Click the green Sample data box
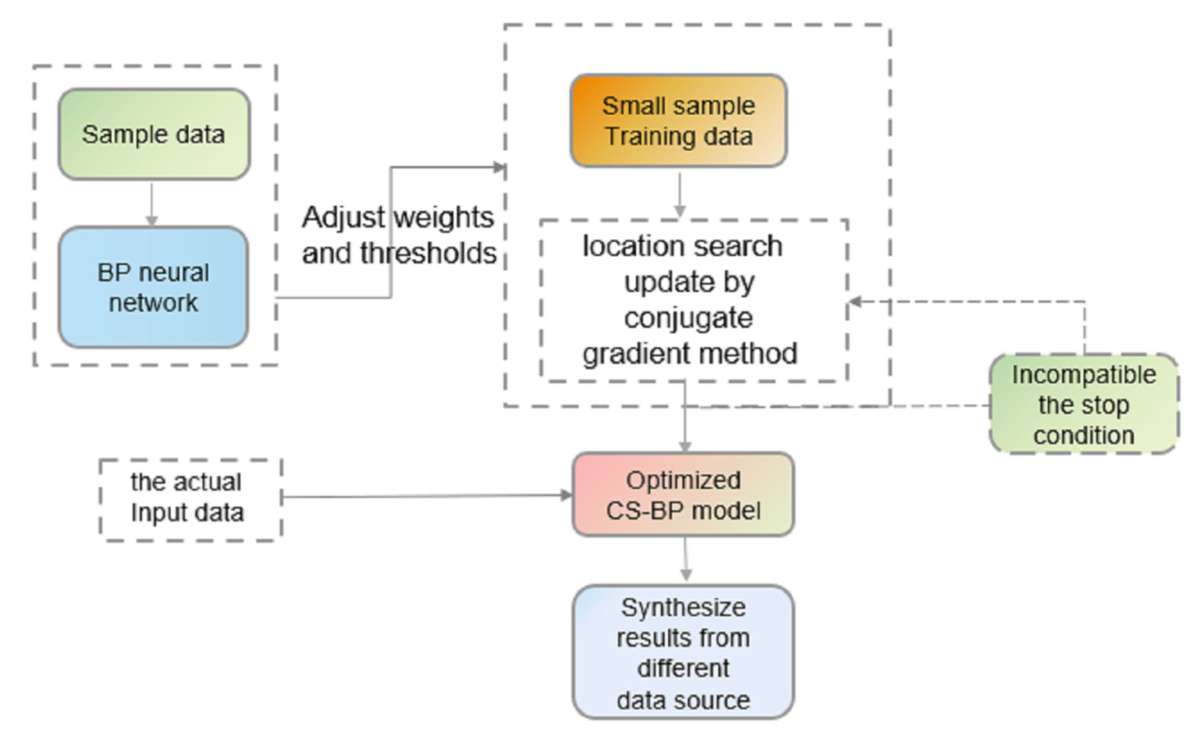[x=154, y=134]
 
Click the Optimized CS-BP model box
[x=683, y=495]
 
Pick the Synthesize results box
[x=683, y=653]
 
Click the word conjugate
[x=688, y=318]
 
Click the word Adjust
[x=343, y=217]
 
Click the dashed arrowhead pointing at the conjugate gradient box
[x=856, y=301]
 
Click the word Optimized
[x=683, y=480]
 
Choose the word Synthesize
[x=683, y=608]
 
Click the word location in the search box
[x=620, y=246]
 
